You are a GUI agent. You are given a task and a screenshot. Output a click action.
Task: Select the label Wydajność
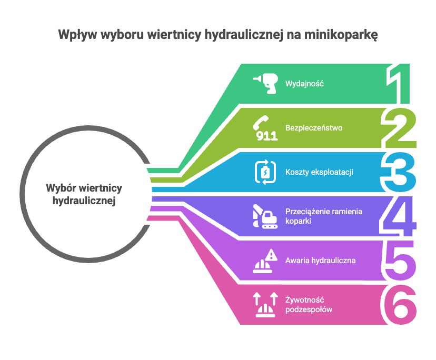304,83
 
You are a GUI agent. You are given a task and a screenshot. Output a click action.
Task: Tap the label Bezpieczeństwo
314,128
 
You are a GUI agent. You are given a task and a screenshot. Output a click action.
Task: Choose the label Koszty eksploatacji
319,172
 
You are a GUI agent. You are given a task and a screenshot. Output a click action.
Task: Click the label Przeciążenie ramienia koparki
323,216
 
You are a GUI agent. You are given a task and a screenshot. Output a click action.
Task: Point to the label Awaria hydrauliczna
320,260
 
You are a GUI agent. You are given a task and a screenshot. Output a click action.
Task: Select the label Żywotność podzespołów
309,305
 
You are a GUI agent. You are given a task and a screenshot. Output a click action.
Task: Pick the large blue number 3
399,172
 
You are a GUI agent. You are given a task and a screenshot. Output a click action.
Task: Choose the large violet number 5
399,260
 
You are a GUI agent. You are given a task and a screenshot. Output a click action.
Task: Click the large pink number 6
399,305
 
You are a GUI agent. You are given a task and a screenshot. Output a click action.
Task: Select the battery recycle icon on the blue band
265,172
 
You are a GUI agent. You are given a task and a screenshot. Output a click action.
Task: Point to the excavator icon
265,216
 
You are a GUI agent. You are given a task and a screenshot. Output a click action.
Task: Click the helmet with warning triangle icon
265,260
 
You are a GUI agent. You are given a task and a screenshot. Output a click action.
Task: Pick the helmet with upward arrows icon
265,305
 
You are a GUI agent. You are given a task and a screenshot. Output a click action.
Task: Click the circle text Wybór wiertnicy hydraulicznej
84,194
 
